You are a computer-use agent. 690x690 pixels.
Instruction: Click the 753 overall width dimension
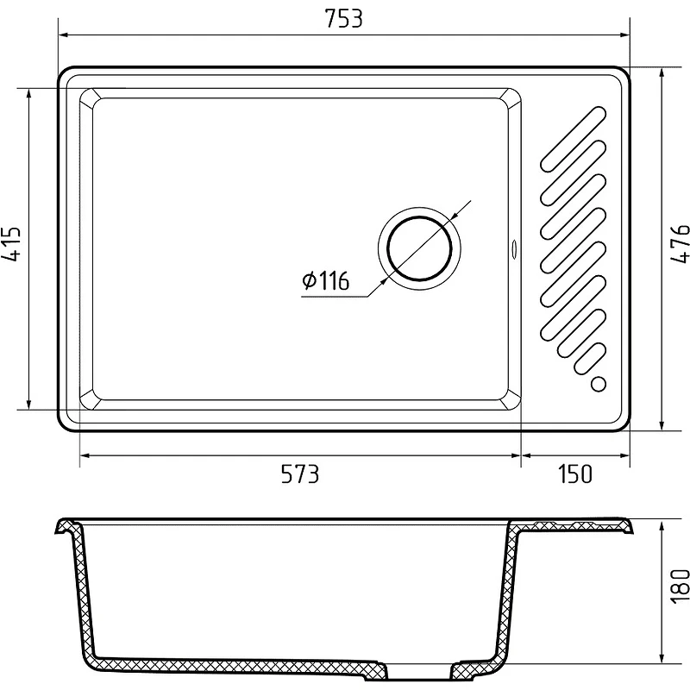pos(343,19)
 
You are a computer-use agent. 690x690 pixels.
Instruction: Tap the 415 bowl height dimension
pos(12,244)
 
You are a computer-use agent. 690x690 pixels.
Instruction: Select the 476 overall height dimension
pos(680,244)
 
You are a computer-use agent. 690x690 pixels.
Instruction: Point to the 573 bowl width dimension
pos(299,474)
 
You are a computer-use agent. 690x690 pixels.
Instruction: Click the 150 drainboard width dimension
pos(574,474)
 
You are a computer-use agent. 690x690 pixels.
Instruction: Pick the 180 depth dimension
pos(680,586)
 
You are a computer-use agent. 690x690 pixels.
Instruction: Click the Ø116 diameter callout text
pos(326,280)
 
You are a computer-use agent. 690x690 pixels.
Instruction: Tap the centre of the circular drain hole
pos(419,248)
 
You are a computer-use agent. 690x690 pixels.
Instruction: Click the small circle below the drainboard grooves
pos(598,384)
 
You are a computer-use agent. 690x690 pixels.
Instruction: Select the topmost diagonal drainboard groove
pos(574,139)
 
